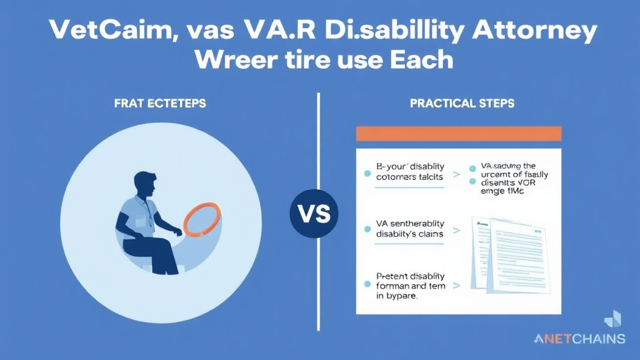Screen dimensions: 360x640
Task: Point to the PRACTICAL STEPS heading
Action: coord(462,103)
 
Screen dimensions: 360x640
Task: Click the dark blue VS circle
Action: coord(314,212)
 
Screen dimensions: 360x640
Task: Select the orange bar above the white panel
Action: coord(458,134)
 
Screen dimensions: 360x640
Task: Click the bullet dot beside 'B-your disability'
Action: coord(367,171)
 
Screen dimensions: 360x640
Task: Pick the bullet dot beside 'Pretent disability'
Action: coord(367,285)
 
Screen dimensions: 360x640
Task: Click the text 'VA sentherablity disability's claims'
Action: coord(409,228)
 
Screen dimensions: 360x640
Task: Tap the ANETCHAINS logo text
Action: coord(579,339)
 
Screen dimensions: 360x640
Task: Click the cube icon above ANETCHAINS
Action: coord(612,318)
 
